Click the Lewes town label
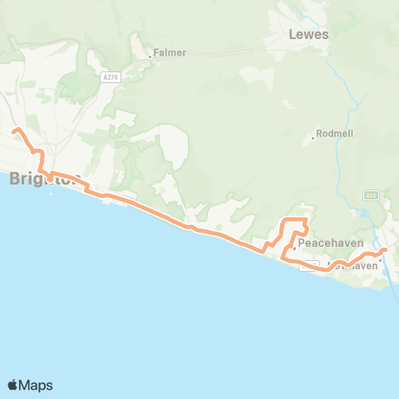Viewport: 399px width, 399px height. click(308, 35)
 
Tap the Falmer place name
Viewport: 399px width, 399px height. click(170, 52)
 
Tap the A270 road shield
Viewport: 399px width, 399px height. click(111, 77)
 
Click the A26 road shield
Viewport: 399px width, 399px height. click(371, 195)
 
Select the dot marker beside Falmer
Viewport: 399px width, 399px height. click(150, 57)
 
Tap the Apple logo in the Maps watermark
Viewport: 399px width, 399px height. click(13, 385)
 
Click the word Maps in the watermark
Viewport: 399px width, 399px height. click(37, 385)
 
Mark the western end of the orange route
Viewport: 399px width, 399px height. click(14, 130)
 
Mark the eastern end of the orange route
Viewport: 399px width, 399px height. click(386, 249)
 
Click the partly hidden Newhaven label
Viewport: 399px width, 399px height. click(353, 266)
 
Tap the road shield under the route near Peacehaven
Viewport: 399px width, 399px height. click(309, 265)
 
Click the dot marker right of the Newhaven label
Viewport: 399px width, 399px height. click(380, 259)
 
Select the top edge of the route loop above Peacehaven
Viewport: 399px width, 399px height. click(295, 219)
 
